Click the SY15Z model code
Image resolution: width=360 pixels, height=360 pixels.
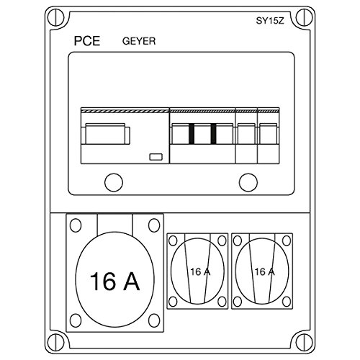click(x=270, y=21)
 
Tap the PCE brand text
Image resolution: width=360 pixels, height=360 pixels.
click(x=87, y=41)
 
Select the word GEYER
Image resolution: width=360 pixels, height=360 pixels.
click(x=139, y=41)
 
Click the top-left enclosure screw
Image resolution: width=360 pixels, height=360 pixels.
click(x=56, y=17)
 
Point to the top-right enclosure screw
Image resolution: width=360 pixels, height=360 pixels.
click(x=304, y=17)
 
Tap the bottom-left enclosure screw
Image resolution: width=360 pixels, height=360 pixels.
click(x=56, y=341)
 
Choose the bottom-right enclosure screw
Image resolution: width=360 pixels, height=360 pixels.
click(x=304, y=341)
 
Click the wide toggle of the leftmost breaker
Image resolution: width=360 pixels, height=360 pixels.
click(x=106, y=134)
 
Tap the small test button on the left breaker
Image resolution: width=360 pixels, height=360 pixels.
click(x=156, y=157)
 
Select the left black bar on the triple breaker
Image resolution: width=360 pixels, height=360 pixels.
click(x=192, y=134)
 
